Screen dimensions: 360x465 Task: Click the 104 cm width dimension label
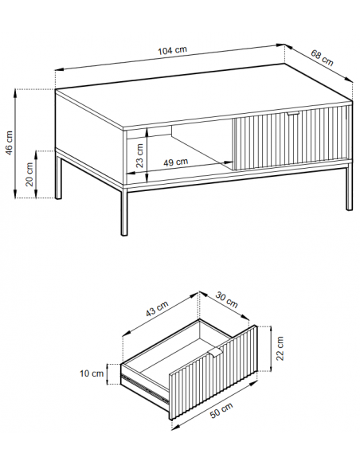click(x=172, y=50)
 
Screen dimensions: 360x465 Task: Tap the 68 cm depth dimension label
click(x=322, y=58)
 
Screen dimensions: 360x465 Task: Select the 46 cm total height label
click(x=10, y=143)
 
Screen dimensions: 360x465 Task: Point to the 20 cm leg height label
click(x=29, y=174)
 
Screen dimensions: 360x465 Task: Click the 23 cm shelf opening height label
click(x=139, y=155)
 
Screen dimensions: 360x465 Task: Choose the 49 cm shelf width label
click(x=176, y=162)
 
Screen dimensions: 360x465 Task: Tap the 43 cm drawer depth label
click(x=157, y=308)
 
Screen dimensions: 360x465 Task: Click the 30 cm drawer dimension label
click(x=226, y=299)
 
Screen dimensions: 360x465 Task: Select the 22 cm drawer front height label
click(x=280, y=348)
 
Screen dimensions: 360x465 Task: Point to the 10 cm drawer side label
click(x=92, y=373)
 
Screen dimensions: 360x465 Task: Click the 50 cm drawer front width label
click(x=221, y=410)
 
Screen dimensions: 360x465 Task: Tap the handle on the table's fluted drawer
click(x=293, y=113)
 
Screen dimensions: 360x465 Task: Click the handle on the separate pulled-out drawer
click(x=215, y=353)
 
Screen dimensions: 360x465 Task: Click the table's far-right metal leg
click(x=350, y=186)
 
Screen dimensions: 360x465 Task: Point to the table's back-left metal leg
click(x=58, y=175)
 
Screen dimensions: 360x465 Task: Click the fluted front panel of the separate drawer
click(x=213, y=373)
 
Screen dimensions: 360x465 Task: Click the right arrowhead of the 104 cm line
click(x=280, y=45)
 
